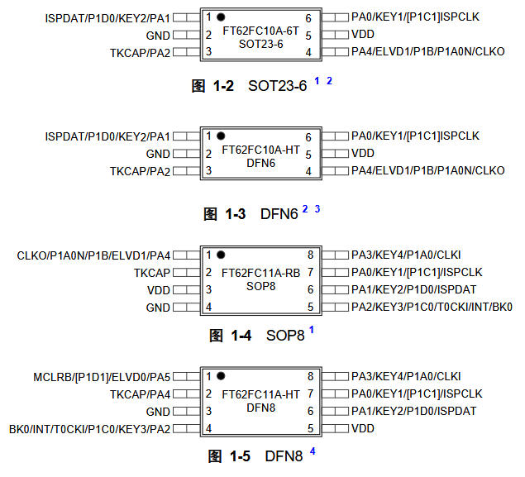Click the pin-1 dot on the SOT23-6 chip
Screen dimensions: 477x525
[x=221, y=17]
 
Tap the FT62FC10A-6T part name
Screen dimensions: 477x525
[x=260, y=31]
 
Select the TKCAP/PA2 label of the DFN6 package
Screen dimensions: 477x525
[x=141, y=171]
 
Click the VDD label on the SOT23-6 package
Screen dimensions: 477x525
[x=363, y=36]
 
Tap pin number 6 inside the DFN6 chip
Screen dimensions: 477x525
[x=308, y=136]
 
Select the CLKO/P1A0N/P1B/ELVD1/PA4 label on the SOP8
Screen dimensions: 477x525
[x=93, y=255]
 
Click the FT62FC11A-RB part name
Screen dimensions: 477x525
[x=260, y=272]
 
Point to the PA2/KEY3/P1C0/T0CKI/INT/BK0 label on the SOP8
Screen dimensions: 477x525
[x=432, y=307]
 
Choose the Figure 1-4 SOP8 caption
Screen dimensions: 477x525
[x=256, y=335]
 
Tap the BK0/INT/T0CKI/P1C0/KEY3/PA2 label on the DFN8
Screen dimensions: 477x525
[x=90, y=429]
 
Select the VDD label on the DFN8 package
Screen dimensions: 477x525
[x=363, y=429]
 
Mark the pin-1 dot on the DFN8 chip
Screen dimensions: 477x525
[x=221, y=377]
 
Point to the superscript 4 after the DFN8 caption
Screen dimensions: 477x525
[x=313, y=451]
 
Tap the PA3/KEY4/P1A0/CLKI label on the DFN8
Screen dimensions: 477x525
[x=405, y=377]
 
